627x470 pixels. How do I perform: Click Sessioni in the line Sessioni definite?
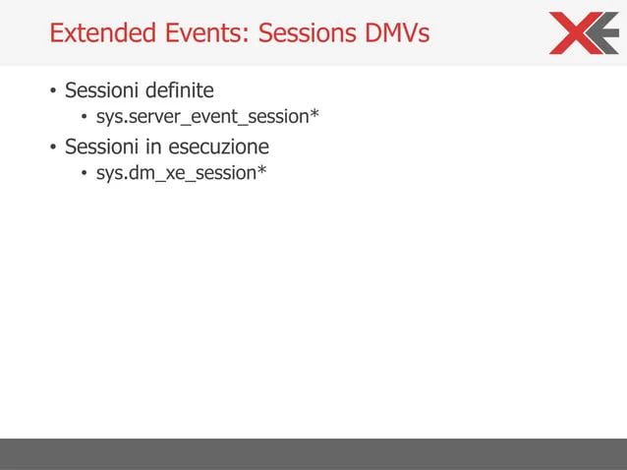click(102, 92)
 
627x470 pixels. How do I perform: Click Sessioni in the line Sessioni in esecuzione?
click(102, 147)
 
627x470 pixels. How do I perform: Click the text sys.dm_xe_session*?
click(181, 176)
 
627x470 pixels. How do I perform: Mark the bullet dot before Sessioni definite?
click(53, 94)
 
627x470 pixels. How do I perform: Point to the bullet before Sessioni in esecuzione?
click(53, 149)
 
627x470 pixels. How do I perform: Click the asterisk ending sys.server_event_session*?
click(314, 116)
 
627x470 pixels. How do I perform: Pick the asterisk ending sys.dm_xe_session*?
click(261, 172)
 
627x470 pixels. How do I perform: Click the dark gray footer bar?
click(313, 453)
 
